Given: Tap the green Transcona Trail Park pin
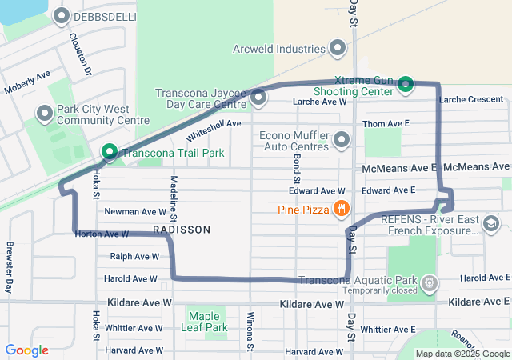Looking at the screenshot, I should pyautogui.click(x=109, y=151).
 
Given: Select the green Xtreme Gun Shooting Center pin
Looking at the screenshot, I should pyautogui.click(x=406, y=83).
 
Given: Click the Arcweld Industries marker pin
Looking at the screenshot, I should pyautogui.click(x=338, y=49).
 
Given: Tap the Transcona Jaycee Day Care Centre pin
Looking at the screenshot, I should pyautogui.click(x=258, y=98).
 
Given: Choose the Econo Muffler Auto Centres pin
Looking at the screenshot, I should pyautogui.click(x=342, y=141).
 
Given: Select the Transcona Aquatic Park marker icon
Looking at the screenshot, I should pyautogui.click(x=430, y=282).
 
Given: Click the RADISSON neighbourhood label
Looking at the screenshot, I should pyautogui.click(x=182, y=230).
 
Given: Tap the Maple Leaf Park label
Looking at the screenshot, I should pyautogui.click(x=206, y=320).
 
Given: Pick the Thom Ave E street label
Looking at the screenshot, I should pyautogui.click(x=386, y=124).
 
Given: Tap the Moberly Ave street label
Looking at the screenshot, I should pyautogui.click(x=27, y=81).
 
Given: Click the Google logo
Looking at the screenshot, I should pyautogui.click(x=26, y=350).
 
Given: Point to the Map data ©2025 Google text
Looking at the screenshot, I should pyautogui.click(x=462, y=354).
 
